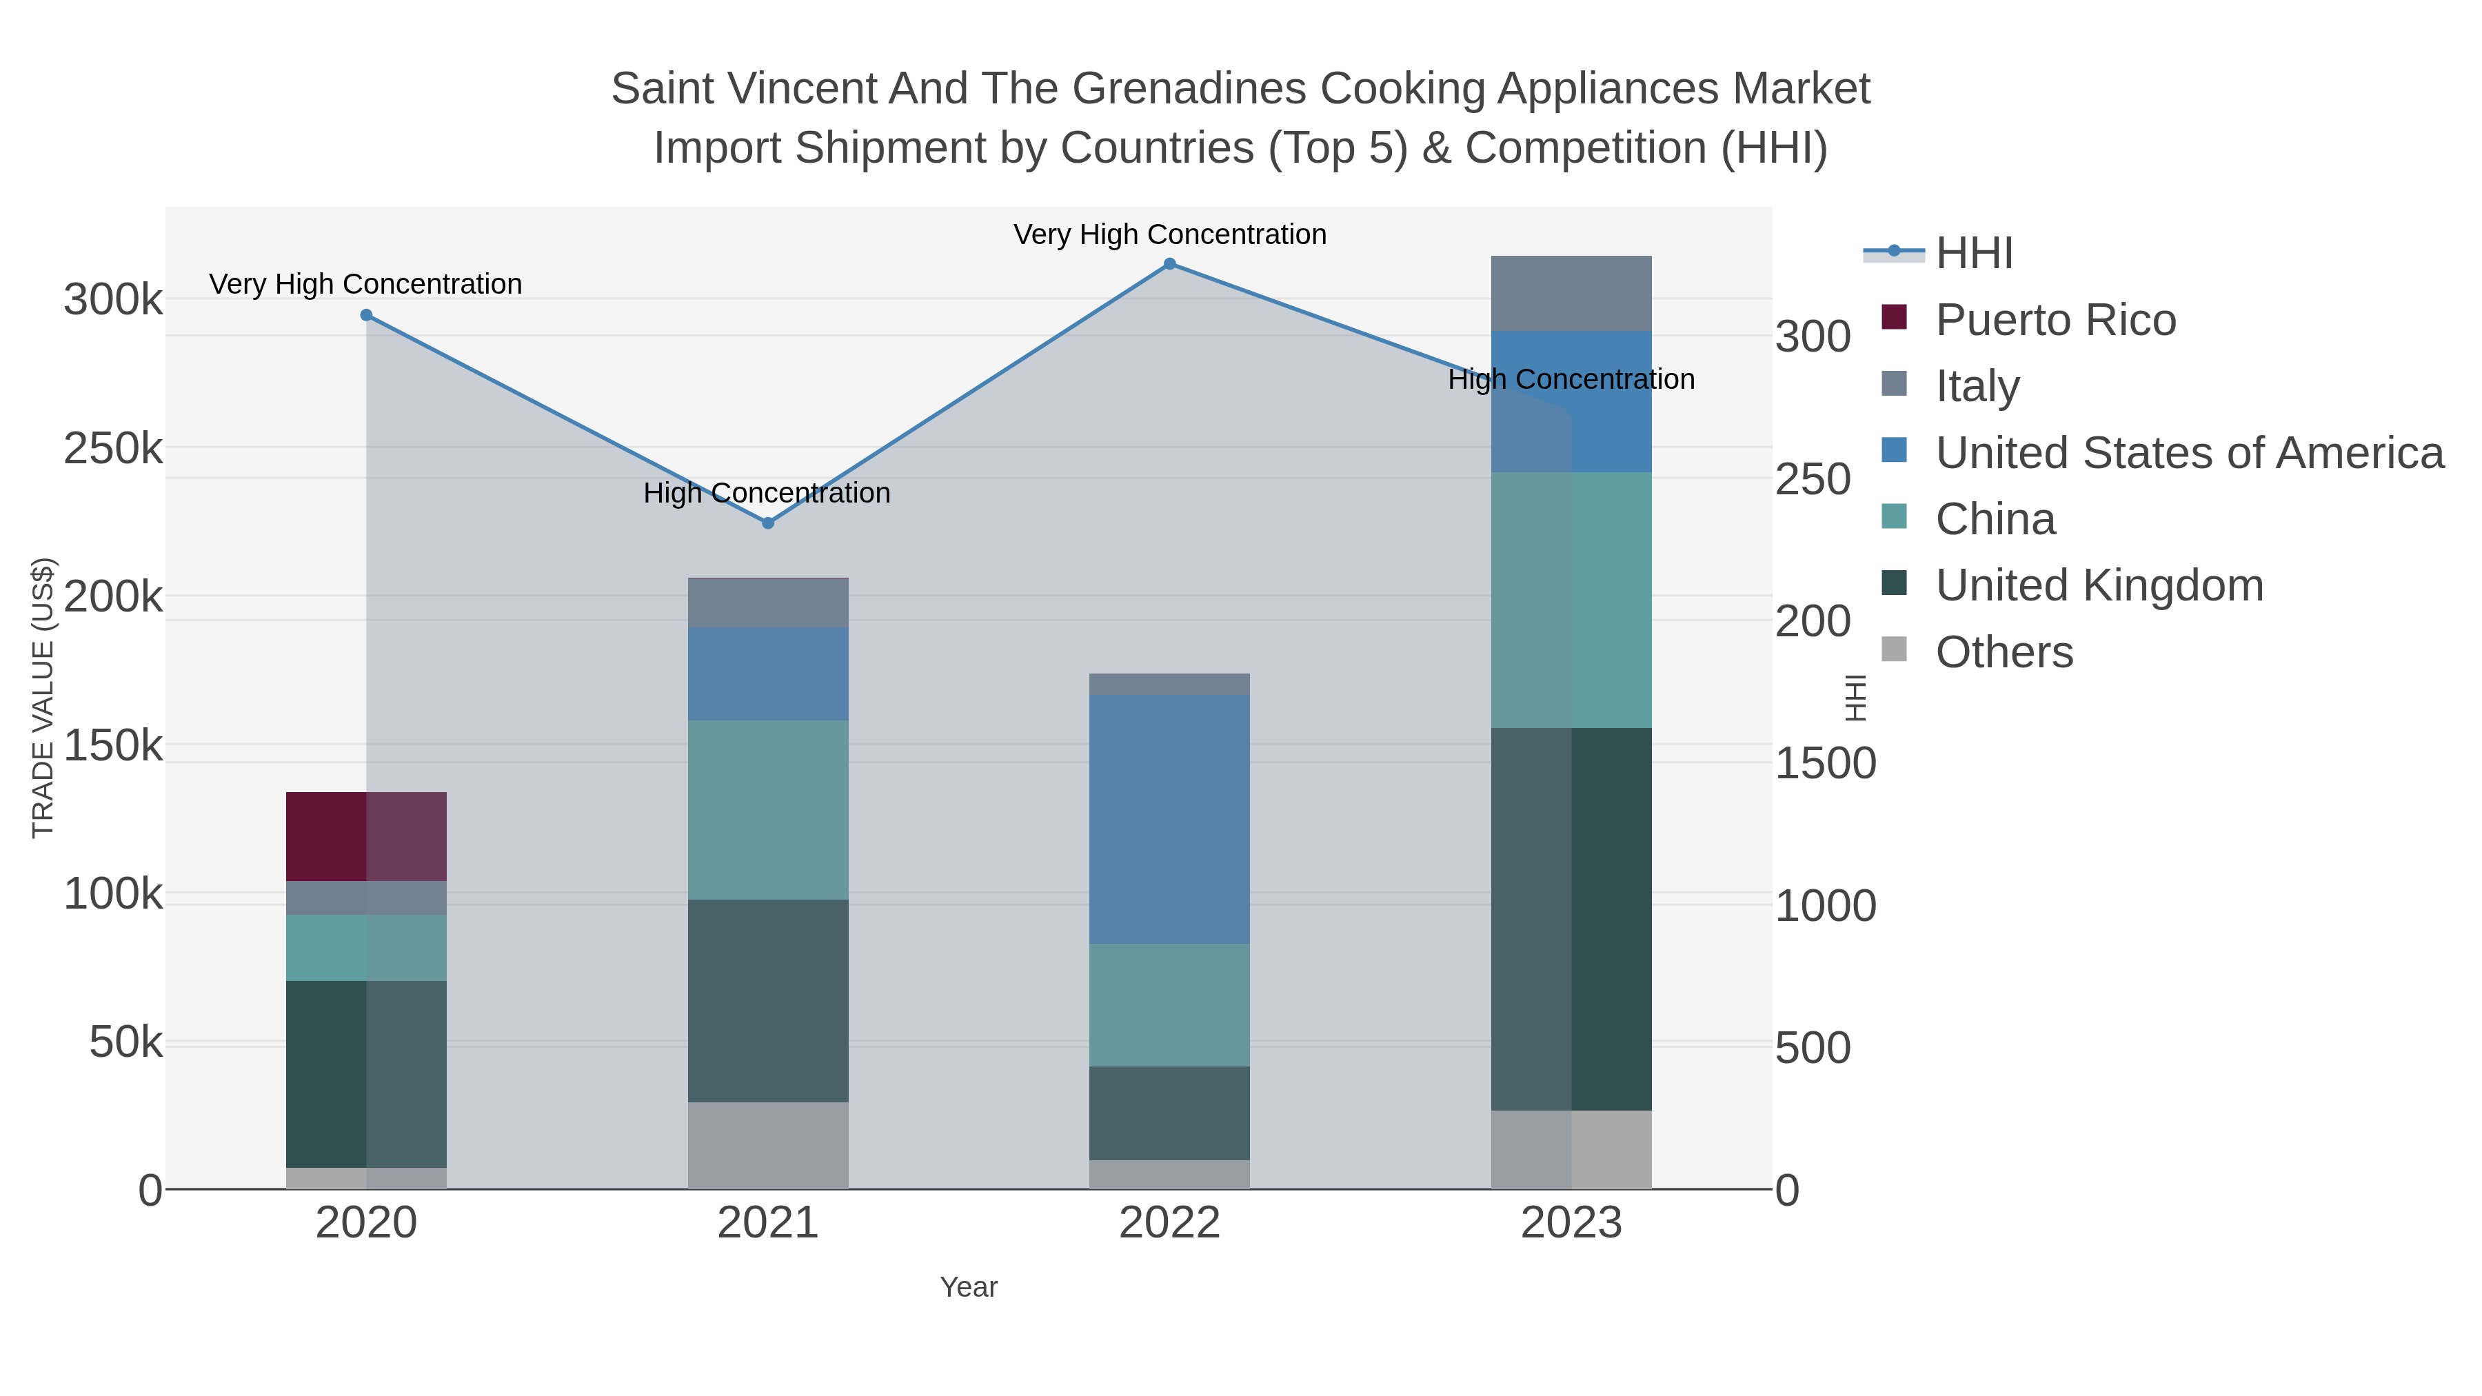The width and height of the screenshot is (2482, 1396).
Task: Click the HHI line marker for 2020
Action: (366, 315)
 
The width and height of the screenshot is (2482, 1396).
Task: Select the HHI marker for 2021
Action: (768, 523)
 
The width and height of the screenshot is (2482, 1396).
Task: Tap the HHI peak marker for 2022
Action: (1170, 264)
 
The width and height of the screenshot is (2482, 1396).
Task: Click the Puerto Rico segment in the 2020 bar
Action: (366, 836)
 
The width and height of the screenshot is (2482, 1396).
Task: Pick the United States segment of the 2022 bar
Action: (1170, 819)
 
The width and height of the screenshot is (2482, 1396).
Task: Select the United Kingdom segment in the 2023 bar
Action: (1571, 918)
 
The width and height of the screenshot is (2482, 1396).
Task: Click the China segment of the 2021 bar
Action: (768, 809)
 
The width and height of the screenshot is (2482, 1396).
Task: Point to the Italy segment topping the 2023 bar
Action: (1571, 293)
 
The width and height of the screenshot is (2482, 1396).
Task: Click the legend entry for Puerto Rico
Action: (2055, 320)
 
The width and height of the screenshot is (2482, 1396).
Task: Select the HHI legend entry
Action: (1975, 254)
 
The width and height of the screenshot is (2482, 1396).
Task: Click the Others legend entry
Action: (2004, 652)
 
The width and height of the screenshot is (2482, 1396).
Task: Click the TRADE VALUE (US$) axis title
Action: (43, 698)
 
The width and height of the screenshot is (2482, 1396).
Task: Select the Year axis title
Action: (969, 1287)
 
